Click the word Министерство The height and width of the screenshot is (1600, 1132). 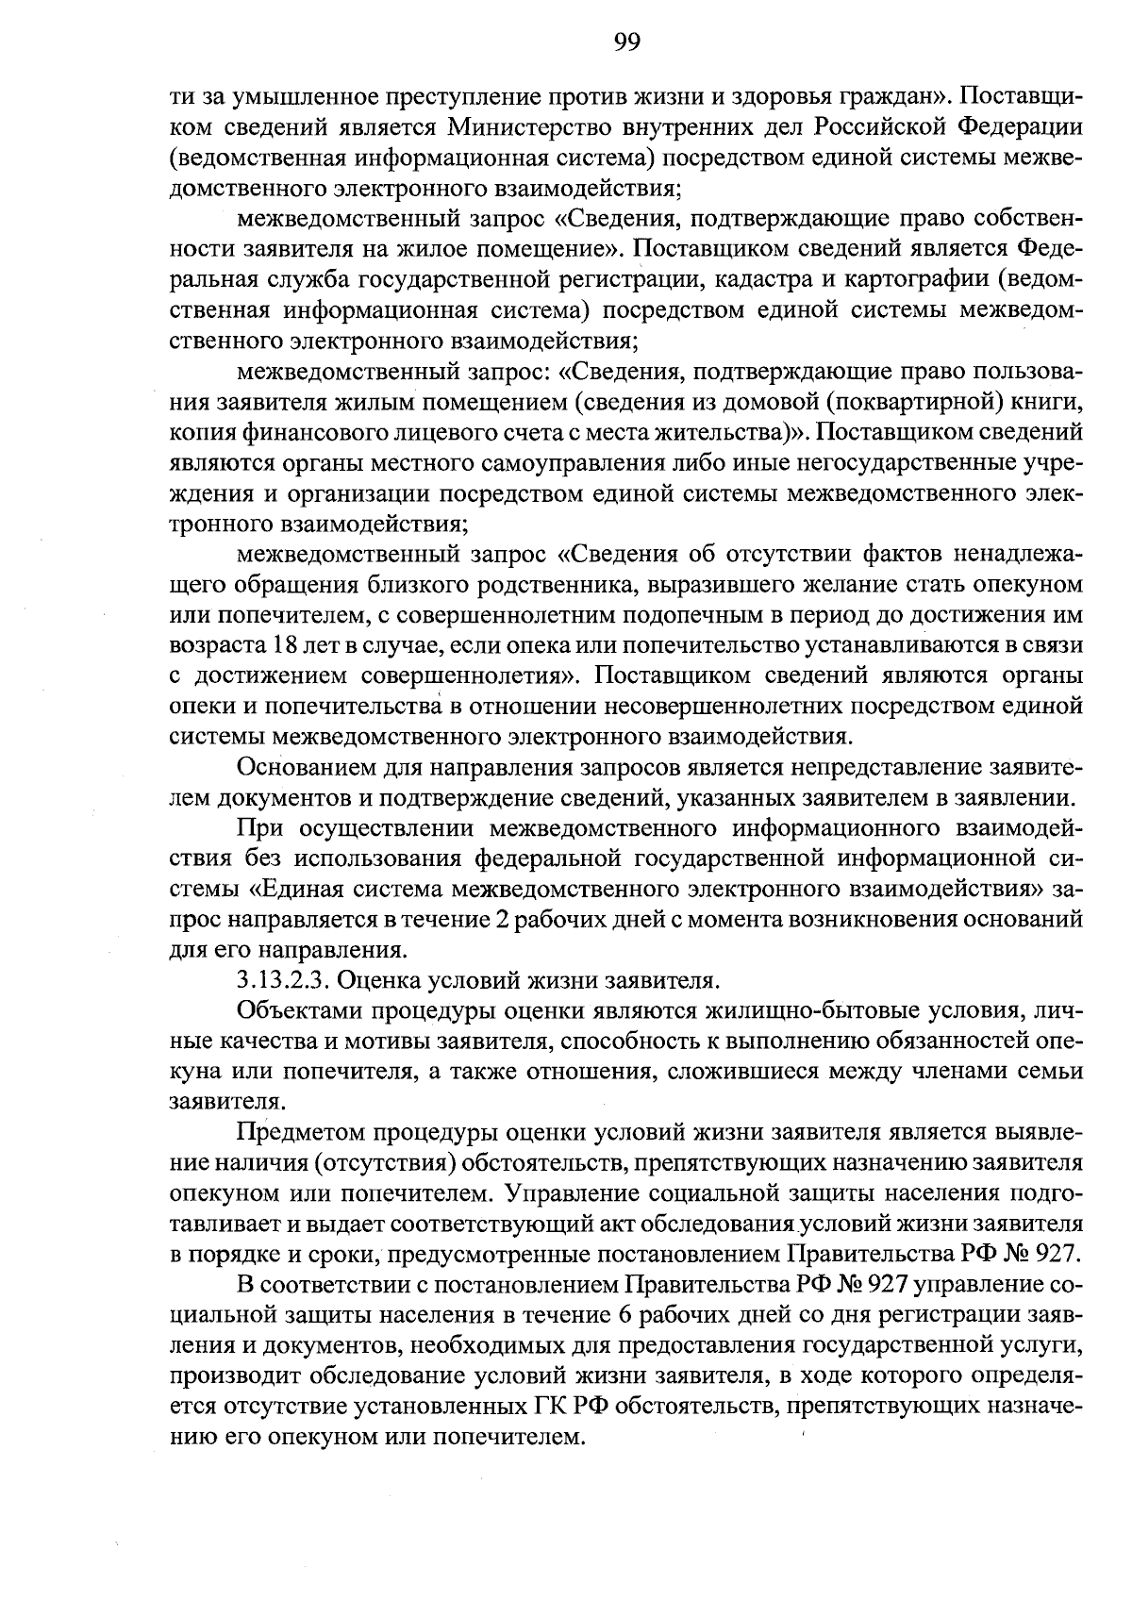[x=532, y=126]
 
